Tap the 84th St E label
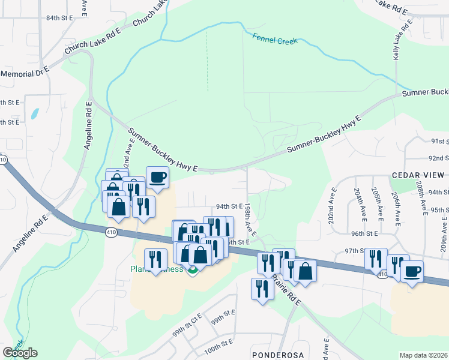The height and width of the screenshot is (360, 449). tap(58, 19)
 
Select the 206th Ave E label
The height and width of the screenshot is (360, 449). tap(396, 208)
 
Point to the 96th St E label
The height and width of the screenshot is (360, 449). tap(365, 233)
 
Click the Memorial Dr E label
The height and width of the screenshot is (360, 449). tap(25, 73)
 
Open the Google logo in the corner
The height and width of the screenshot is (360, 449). tap(20, 353)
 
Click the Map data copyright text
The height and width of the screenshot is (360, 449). tap(424, 355)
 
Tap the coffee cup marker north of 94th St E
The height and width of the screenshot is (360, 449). tap(157, 178)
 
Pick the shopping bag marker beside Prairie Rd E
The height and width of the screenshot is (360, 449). tap(305, 271)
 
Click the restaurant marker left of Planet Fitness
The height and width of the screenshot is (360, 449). tap(155, 259)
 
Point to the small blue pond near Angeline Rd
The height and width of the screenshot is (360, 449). tap(35, 113)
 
